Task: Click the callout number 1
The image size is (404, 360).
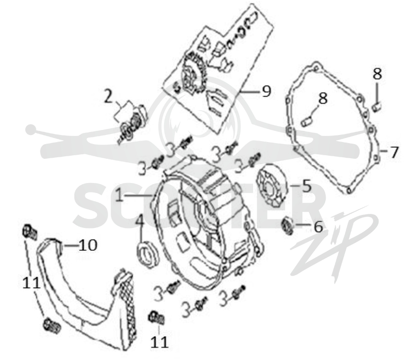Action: coord(119,195)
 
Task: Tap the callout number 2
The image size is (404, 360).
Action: coord(109,96)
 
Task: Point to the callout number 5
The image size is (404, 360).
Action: coord(307,186)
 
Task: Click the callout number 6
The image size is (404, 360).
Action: coord(318,227)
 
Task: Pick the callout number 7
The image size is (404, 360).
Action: coord(394,152)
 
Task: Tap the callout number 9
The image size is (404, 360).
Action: coord(267,91)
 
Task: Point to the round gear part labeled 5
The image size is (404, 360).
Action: coord(272,185)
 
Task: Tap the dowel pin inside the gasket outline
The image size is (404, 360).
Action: coord(307,121)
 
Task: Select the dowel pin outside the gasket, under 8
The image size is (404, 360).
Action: coord(377,107)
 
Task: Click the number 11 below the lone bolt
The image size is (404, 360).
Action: coord(159,342)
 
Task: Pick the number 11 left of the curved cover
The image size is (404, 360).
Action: coord(31,283)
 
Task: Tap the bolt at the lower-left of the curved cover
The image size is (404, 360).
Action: coord(52,325)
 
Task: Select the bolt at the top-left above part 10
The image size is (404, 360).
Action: coord(30,232)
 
